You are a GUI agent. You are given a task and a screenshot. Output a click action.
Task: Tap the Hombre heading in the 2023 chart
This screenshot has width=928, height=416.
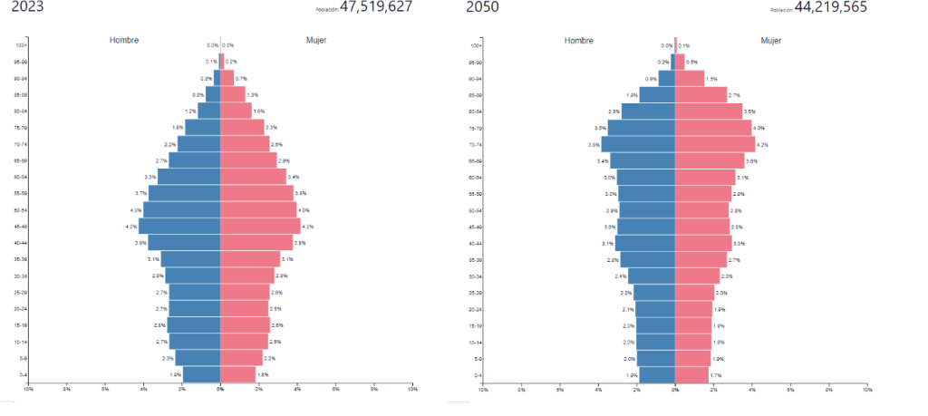(x=124, y=41)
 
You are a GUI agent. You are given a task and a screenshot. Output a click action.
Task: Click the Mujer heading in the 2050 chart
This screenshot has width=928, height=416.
(x=771, y=41)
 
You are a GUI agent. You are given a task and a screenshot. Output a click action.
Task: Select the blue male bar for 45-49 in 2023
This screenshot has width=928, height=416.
(x=179, y=226)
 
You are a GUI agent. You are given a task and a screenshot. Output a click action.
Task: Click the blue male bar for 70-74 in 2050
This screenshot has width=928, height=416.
(x=638, y=144)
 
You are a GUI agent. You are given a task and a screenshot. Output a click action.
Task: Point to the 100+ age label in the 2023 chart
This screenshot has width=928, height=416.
(x=21, y=45)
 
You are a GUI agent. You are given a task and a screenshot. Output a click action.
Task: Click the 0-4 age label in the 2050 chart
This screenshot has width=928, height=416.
(x=476, y=374)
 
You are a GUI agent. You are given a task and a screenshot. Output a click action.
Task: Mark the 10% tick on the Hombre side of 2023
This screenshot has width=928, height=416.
(x=28, y=390)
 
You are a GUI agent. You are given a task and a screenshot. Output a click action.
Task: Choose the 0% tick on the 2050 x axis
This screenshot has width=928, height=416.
(x=675, y=390)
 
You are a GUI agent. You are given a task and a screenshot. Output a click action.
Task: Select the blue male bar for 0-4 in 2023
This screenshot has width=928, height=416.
(x=202, y=374)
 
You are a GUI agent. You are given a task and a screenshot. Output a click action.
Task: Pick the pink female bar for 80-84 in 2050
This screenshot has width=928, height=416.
(x=709, y=111)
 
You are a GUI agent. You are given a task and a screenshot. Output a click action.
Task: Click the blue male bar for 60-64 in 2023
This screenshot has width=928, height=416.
(x=189, y=177)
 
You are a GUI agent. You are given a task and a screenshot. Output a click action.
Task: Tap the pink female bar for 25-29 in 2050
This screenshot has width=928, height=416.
(x=694, y=292)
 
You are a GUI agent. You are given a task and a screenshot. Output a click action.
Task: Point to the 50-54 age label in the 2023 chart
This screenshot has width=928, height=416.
(x=21, y=209)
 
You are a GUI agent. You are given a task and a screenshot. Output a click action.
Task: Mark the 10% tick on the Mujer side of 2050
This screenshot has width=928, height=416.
(x=867, y=390)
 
